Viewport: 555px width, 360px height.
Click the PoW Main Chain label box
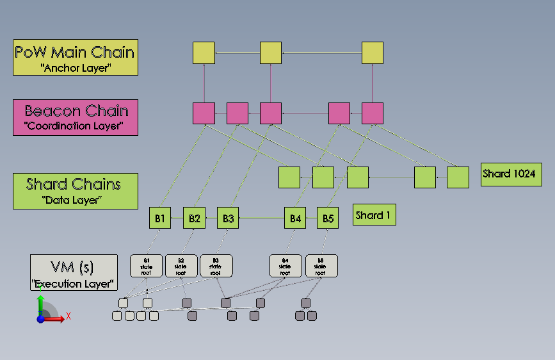pyautogui.click(x=76, y=58)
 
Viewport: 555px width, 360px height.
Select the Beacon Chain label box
pyautogui.click(x=76, y=117)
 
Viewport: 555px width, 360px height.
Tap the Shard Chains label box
pyautogui.click(x=76, y=191)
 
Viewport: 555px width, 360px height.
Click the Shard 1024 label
pyautogui.click(x=511, y=174)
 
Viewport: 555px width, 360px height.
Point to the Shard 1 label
pyautogui.click(x=374, y=215)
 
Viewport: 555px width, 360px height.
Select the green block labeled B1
pyautogui.click(x=160, y=218)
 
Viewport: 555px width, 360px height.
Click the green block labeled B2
pyautogui.click(x=194, y=218)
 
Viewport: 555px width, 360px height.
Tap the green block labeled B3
pyautogui.click(x=228, y=218)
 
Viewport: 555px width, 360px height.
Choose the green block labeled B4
pyautogui.click(x=295, y=218)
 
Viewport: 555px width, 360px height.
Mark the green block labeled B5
pyautogui.click(x=328, y=218)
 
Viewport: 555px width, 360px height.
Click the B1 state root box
pyautogui.click(x=147, y=266)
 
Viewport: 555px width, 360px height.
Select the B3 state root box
pyautogui.click(x=216, y=266)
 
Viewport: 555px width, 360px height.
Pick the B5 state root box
pyautogui.click(x=321, y=266)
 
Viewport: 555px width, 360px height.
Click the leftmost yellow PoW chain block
pyautogui.click(x=204, y=53)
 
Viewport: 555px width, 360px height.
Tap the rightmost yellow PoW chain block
pyautogui.click(x=372, y=53)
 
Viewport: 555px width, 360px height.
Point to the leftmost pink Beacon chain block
pyautogui.click(x=204, y=113)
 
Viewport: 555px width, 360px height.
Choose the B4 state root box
pyautogui.click(x=285, y=266)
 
